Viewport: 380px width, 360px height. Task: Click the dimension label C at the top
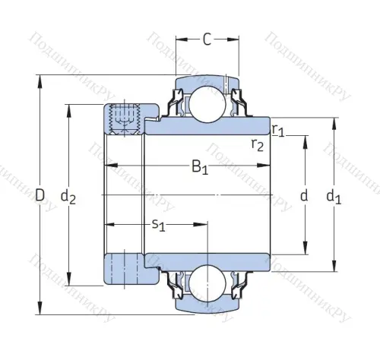[x=207, y=39]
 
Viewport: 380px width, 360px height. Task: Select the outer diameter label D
[x=40, y=196]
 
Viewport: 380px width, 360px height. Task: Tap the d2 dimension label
[x=68, y=196]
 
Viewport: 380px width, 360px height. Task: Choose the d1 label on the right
[x=333, y=196]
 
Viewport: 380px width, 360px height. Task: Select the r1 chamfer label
[x=278, y=130]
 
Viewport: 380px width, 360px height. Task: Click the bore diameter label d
[x=305, y=196]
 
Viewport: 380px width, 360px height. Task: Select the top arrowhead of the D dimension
[x=39, y=80]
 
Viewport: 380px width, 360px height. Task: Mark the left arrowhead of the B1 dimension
[x=109, y=165]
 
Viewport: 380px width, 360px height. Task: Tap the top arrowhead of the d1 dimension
[x=333, y=122]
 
